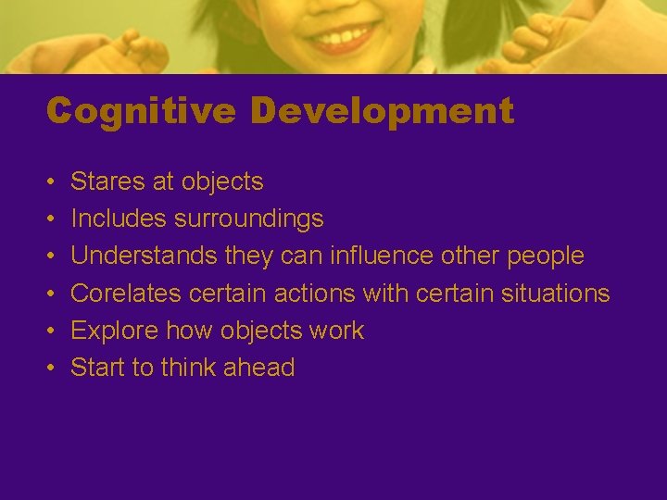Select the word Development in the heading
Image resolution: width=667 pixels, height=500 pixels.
(x=382, y=111)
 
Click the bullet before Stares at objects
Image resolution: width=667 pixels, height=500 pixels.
(x=51, y=182)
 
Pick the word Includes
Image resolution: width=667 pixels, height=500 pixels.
(x=114, y=219)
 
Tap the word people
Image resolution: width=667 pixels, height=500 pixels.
(x=546, y=256)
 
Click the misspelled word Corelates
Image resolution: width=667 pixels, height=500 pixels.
(x=126, y=294)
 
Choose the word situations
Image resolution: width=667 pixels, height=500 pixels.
(x=554, y=294)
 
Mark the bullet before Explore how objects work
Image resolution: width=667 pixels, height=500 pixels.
(x=51, y=331)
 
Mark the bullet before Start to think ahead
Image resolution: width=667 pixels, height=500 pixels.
(x=51, y=369)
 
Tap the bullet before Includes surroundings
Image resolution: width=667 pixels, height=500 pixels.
(x=51, y=219)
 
